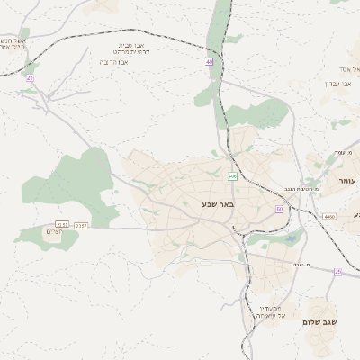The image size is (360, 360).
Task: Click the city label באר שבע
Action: pyautogui.click(x=217, y=205)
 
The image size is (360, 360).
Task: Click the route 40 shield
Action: pyautogui.click(x=209, y=62)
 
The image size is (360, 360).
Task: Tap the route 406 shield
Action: pyautogui.click(x=232, y=176)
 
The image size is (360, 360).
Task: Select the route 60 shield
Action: pyautogui.click(x=280, y=209)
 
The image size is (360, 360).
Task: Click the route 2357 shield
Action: pyautogui.click(x=82, y=225)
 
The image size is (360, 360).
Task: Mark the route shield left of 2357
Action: pyautogui.click(x=61, y=225)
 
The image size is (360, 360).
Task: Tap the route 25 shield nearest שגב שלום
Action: pyautogui.click(x=337, y=271)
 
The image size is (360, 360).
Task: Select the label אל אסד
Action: pyautogui.click(x=349, y=69)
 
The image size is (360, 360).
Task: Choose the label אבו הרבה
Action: pyautogui.click(x=135, y=63)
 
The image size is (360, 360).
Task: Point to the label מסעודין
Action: pyautogui.click(x=269, y=307)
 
